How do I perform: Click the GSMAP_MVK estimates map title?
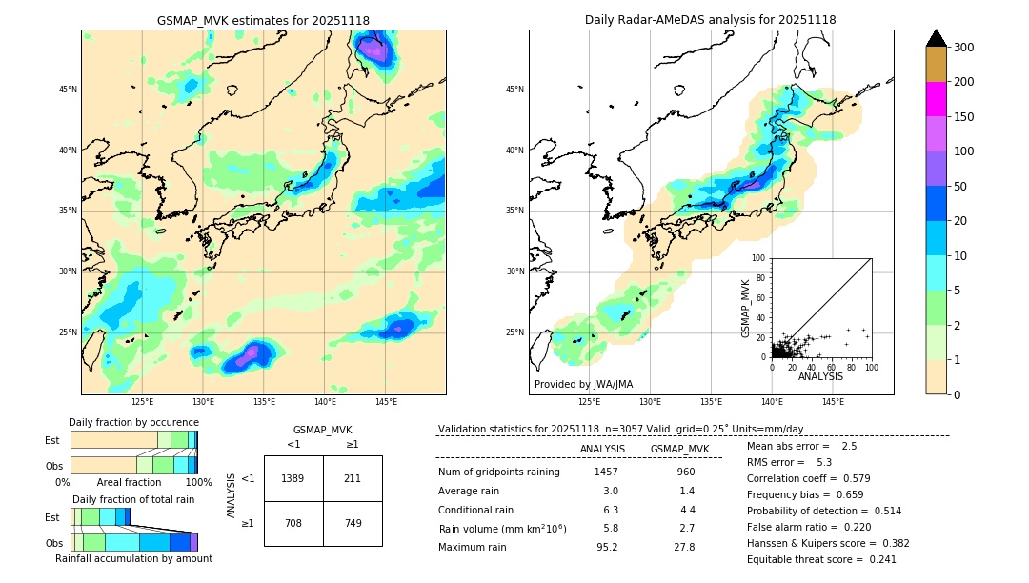pyautogui.click(x=263, y=21)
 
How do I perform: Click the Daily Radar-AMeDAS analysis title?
pyautogui.click(x=711, y=21)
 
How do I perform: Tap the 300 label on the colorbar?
pyautogui.click(x=965, y=47)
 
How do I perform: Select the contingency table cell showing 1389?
pyautogui.click(x=293, y=478)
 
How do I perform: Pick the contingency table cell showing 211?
pyautogui.click(x=353, y=478)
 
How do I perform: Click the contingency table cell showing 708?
pyautogui.click(x=293, y=523)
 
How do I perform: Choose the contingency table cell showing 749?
pyautogui.click(x=353, y=523)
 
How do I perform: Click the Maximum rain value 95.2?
pyautogui.click(x=607, y=547)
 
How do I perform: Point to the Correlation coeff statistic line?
pyautogui.click(x=808, y=478)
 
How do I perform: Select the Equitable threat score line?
pyautogui.click(x=821, y=559)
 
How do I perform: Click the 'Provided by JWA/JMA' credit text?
pyautogui.click(x=583, y=385)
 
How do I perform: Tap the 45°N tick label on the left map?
pyautogui.click(x=68, y=90)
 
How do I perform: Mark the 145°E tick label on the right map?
pyautogui.click(x=833, y=402)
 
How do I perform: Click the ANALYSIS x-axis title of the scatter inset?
pyautogui.click(x=821, y=377)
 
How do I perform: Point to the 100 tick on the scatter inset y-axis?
pyautogui.click(x=759, y=258)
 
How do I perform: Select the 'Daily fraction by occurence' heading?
pyautogui.click(x=133, y=422)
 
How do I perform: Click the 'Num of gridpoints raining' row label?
pyautogui.click(x=499, y=472)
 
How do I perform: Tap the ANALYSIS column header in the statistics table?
pyautogui.click(x=602, y=450)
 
